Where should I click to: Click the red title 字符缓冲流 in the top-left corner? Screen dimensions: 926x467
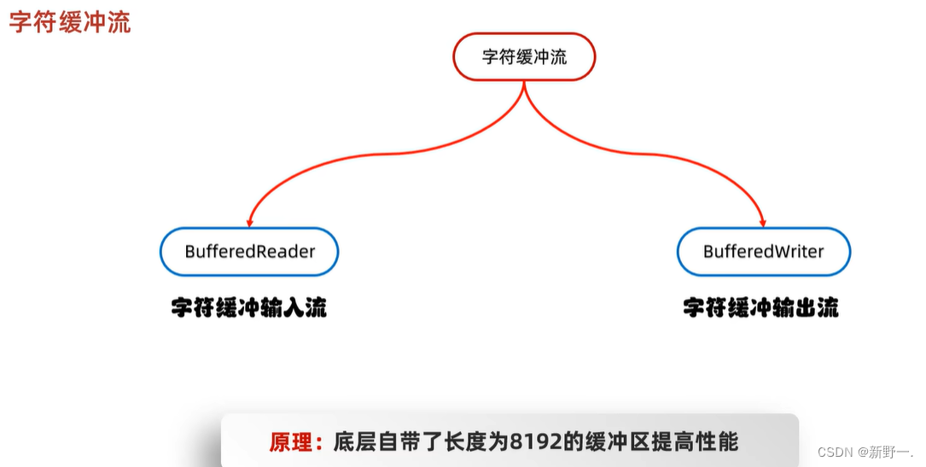pyautogui.click(x=70, y=21)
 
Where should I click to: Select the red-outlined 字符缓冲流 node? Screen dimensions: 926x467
pyautogui.click(x=524, y=57)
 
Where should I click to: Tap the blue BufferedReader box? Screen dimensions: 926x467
pyautogui.click(x=249, y=252)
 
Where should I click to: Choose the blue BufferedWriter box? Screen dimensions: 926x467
pyautogui.click(x=763, y=252)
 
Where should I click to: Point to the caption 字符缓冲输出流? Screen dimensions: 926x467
pyautogui.click(x=760, y=307)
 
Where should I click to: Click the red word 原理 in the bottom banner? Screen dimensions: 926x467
pyautogui.click(x=290, y=442)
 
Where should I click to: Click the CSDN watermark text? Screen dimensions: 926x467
pyautogui.click(x=836, y=451)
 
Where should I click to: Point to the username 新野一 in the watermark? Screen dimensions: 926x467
pyautogui.click(x=890, y=451)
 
